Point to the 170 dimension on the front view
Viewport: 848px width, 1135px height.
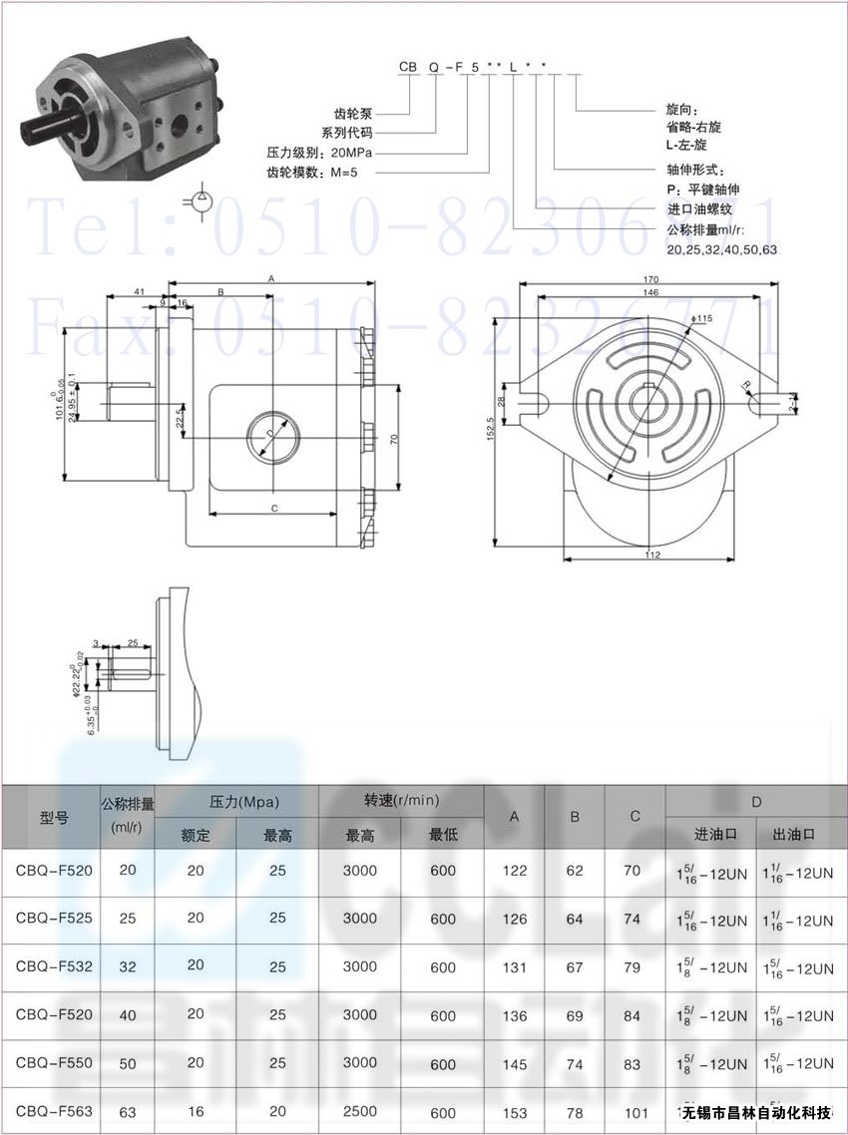650,280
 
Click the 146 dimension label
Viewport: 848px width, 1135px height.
650,293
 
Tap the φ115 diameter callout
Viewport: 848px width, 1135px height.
702,318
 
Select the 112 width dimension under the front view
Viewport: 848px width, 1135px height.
650,555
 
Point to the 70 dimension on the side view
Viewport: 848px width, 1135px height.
396,438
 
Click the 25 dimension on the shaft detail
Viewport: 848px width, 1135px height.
132,643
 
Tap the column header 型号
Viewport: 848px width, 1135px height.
54,818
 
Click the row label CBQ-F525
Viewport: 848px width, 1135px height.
54,918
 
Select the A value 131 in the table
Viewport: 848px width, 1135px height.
515,966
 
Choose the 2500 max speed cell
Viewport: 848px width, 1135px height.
359,1111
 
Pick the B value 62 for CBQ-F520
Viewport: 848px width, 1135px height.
575,870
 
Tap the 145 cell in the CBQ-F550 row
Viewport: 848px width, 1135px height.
515,1063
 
